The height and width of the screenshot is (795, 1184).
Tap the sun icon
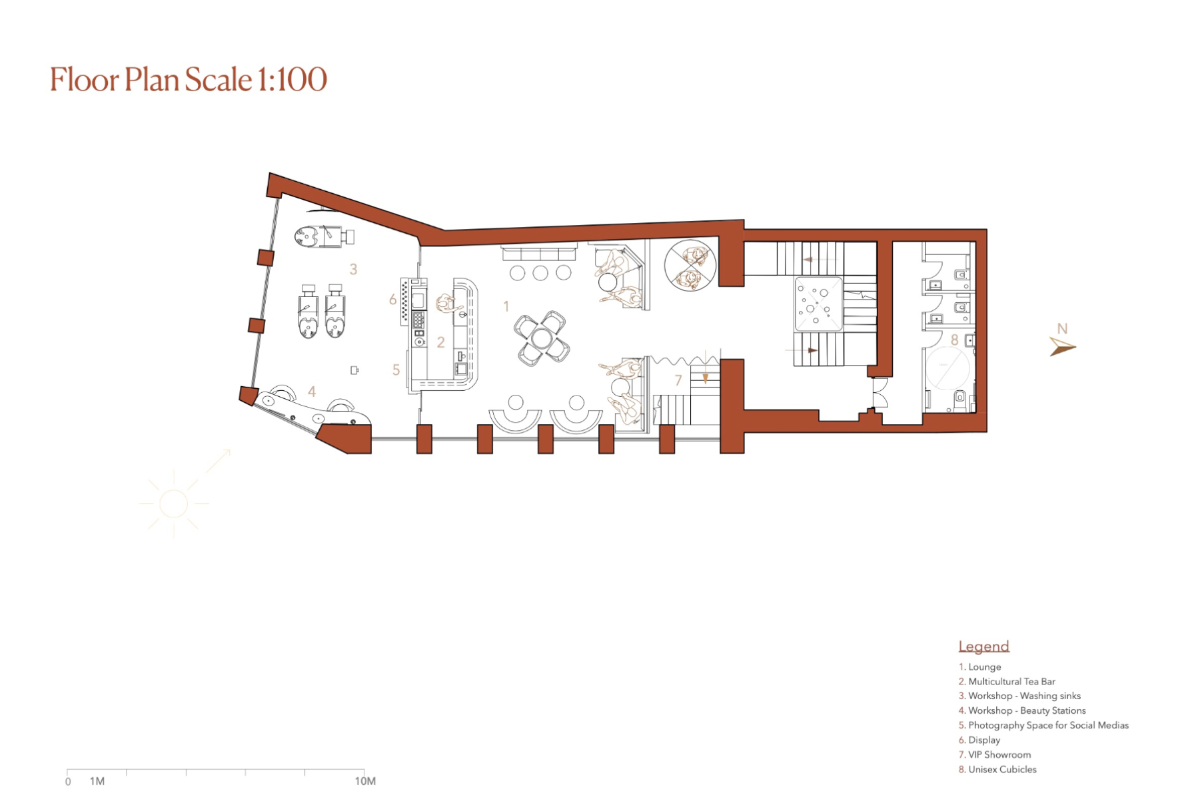click(174, 503)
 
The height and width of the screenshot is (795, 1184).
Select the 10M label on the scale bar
click(365, 781)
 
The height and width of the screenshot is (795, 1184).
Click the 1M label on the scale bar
click(97, 781)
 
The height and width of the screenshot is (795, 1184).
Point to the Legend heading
click(983, 646)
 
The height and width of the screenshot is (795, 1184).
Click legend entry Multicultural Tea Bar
click(1007, 681)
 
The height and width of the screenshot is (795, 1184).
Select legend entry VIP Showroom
click(995, 754)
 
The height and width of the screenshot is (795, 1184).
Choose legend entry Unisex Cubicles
click(997, 769)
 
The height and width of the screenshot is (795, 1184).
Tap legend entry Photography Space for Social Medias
click(1043, 725)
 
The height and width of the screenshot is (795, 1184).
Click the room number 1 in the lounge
click(506, 306)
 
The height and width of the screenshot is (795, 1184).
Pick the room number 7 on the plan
click(678, 380)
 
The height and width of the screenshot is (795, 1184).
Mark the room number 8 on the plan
click(954, 340)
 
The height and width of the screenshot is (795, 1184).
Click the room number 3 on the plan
click(353, 269)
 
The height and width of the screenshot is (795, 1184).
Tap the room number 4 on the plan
click(312, 392)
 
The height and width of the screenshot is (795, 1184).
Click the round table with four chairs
click(542, 338)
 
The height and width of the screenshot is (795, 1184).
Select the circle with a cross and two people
click(690, 265)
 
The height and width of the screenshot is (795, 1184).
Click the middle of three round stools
click(540, 272)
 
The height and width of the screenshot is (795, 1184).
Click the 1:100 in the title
click(292, 79)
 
